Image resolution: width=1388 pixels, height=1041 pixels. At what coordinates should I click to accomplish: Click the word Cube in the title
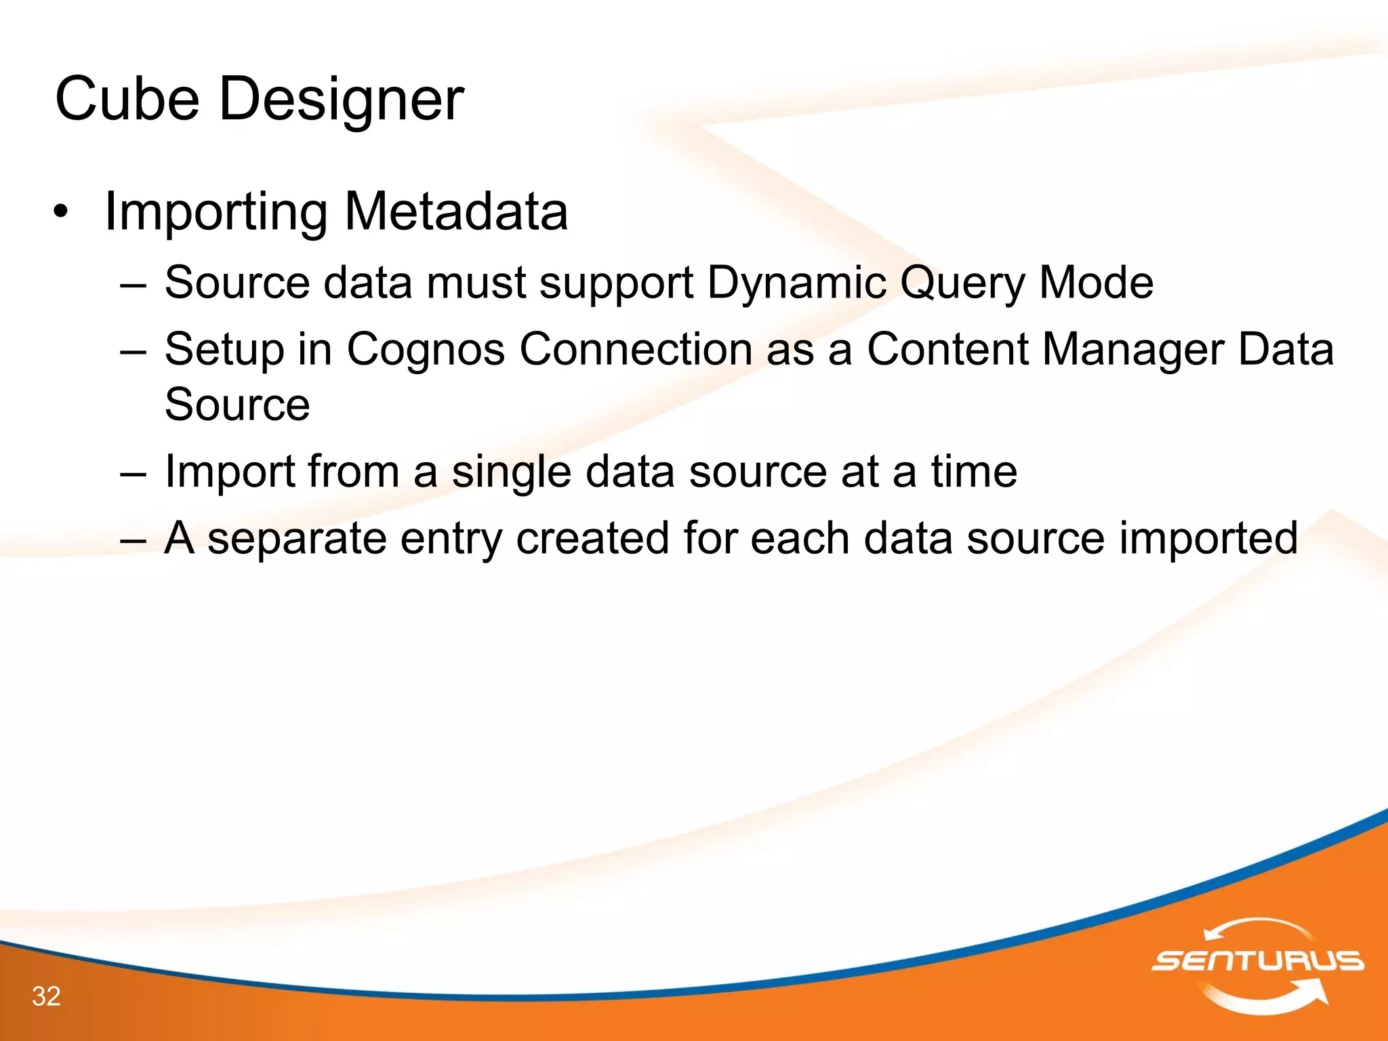pos(127,100)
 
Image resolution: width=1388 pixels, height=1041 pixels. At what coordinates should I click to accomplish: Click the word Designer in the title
pos(341,100)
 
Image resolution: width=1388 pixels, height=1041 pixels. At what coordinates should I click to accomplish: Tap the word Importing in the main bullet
pos(216,212)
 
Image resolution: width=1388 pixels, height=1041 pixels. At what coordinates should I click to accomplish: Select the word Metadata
pos(456,212)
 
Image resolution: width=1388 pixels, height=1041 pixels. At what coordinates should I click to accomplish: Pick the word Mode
pos(1096,283)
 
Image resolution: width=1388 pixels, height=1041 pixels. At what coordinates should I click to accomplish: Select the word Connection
pos(636,350)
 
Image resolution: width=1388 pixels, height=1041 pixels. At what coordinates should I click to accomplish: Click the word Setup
pos(224,350)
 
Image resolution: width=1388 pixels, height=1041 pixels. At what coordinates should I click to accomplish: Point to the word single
pos(511,472)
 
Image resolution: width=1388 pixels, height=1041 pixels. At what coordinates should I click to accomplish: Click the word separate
pos(297,539)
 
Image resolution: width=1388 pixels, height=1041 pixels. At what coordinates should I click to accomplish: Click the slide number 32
pos(46,996)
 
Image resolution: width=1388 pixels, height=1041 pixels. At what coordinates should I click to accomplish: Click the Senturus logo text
pos(1258,961)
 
